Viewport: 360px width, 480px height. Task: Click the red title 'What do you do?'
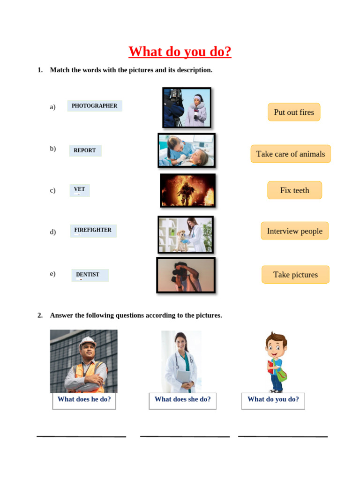180,52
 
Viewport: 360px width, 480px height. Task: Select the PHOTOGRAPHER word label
95,106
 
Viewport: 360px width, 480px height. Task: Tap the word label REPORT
85,150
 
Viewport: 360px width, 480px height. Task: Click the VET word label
80,190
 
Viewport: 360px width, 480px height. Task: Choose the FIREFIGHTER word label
93,230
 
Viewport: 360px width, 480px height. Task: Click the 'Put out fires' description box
294,112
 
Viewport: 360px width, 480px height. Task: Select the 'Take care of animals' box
291,154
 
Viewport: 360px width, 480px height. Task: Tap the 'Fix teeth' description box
294,190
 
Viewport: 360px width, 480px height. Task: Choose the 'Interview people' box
294,231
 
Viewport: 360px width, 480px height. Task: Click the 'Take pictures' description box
295,275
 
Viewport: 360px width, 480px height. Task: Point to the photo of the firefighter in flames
187,190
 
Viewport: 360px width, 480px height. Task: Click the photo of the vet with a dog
186,234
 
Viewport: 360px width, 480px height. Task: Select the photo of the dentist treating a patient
187,150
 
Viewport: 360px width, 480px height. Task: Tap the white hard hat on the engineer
88,342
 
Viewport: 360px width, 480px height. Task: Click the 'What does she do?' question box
182,400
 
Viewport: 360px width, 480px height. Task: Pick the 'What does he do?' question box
84,400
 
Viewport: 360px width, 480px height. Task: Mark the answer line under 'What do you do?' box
283,436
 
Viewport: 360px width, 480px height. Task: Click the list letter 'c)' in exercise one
52,190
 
